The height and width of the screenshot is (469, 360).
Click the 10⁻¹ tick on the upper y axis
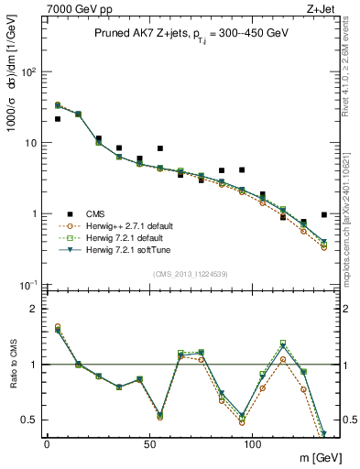click(x=29, y=285)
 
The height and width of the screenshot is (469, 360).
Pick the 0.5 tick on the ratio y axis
click(x=28, y=420)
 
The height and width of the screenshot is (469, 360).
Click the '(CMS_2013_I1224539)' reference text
click(x=191, y=273)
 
